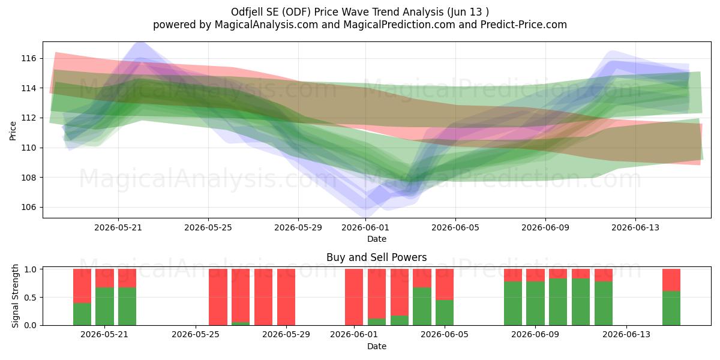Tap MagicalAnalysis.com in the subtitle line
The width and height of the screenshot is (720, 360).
click(x=266, y=25)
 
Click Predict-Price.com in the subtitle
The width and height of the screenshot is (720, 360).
click(x=524, y=25)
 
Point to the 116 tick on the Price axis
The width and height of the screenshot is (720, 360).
click(x=28, y=59)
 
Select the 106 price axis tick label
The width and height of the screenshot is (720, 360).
click(x=28, y=208)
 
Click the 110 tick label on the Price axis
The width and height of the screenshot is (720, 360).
click(x=28, y=148)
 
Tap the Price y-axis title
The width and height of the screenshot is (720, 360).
click(x=13, y=131)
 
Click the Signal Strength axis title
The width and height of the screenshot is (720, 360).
click(x=15, y=296)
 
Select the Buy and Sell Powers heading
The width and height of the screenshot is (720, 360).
click(x=376, y=257)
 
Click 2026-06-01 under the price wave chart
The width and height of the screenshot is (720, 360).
click(x=365, y=227)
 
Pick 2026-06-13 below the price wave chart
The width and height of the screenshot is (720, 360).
click(x=635, y=227)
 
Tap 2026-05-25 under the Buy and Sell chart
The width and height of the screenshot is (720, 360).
click(x=196, y=335)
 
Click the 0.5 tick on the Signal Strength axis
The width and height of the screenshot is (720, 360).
click(x=30, y=298)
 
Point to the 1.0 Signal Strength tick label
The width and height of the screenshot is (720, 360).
click(x=30, y=269)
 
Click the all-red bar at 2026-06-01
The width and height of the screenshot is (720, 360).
click(x=354, y=297)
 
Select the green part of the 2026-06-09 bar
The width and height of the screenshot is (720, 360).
click(x=535, y=304)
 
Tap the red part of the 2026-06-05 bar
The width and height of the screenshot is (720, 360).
click(x=445, y=284)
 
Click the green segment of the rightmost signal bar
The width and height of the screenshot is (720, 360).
click(x=671, y=308)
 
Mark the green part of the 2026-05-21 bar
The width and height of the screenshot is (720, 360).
click(x=104, y=307)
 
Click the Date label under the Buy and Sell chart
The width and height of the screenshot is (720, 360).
click(x=377, y=346)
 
